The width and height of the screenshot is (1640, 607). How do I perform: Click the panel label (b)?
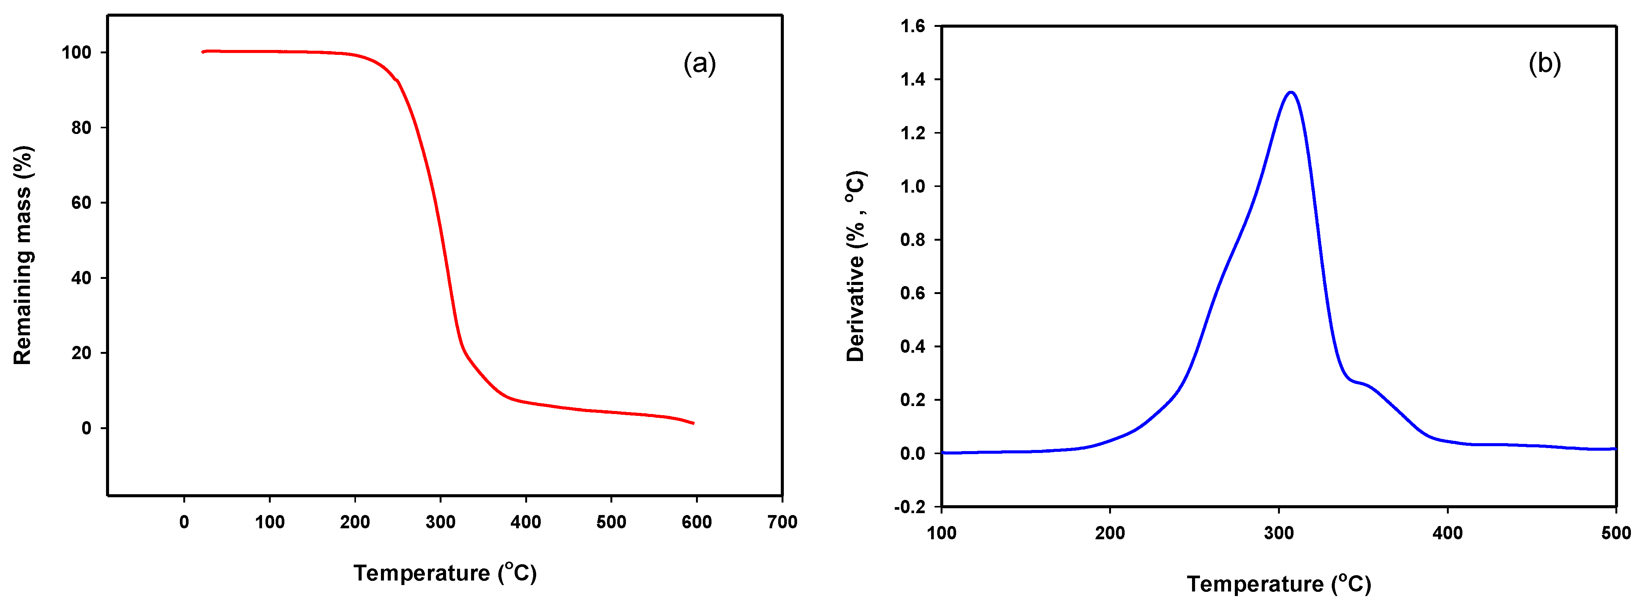point(1545,64)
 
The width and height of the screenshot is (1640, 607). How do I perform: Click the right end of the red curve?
point(693,423)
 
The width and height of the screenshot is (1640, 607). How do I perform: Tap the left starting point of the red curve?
point(203,52)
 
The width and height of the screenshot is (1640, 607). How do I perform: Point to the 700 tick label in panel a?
point(782,522)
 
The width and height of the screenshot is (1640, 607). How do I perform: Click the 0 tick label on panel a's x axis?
point(184,522)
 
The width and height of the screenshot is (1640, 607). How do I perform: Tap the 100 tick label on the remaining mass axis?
point(76,53)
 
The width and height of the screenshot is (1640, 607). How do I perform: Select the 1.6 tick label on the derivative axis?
point(912,26)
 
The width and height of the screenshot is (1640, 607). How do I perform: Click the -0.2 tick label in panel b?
point(910,507)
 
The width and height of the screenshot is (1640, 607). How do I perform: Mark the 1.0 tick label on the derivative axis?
point(912,187)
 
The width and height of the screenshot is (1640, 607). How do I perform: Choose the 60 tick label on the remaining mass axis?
point(81,203)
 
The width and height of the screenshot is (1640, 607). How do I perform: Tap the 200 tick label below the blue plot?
point(1109,533)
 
